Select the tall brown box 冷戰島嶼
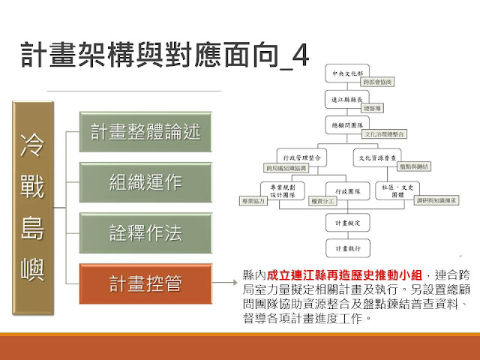click(35, 202)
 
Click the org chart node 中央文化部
click(343, 73)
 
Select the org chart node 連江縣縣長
click(343, 98)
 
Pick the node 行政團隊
click(343, 193)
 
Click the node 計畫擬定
click(343, 223)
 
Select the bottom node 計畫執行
click(343, 247)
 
